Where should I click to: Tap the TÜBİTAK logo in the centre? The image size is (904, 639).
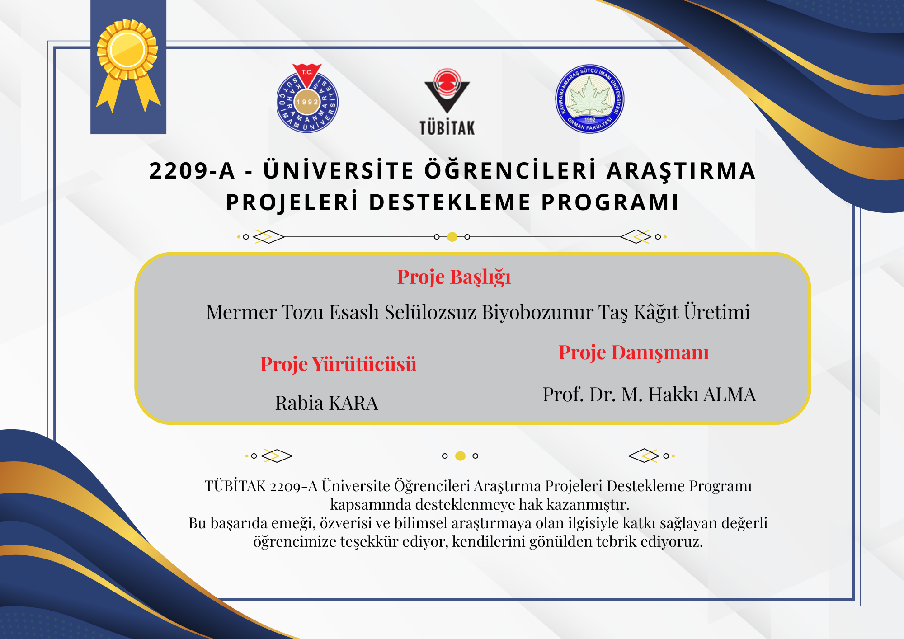pos(447,102)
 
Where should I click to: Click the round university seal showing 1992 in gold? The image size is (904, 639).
pos(307,99)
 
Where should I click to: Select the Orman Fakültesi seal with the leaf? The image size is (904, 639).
pos(590,99)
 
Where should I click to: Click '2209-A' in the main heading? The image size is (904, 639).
pos(193,171)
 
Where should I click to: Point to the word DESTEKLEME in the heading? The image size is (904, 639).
pos(450,202)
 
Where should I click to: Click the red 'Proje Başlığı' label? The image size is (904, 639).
pos(454,277)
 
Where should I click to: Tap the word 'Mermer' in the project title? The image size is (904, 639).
pos(241,312)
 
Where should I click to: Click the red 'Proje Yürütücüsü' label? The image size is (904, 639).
pos(338,364)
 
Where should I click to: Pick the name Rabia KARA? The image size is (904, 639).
pos(326,403)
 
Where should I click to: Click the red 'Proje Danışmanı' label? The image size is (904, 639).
pos(634,353)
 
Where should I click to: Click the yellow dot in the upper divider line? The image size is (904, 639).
pos(452,237)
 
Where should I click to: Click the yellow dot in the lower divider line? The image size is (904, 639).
pos(460,456)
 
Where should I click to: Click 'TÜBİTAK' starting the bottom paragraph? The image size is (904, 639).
pos(235,486)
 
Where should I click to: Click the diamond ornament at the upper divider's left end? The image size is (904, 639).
pos(268,237)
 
